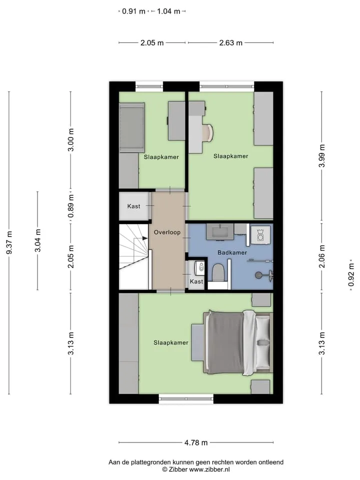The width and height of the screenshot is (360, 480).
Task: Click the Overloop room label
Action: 167,232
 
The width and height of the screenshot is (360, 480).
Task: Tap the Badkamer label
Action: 232,252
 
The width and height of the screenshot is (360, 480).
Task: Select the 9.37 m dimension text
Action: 9,242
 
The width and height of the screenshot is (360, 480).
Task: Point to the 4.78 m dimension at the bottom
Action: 196,442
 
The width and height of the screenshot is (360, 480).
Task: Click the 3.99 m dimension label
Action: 321,156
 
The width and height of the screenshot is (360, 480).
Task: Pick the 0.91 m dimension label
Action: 134,11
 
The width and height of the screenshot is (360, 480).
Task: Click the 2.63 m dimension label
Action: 231,43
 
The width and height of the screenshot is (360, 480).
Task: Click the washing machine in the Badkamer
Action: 260,235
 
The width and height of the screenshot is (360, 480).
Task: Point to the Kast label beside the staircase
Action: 134,206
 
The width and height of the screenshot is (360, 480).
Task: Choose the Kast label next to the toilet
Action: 196,281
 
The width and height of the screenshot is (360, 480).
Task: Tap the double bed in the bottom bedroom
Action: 238,342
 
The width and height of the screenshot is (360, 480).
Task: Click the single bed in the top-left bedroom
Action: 132,127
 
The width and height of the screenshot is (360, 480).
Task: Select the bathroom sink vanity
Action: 220,231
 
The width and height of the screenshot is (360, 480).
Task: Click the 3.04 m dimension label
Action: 37,240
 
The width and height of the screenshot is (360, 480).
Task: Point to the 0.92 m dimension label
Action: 351,275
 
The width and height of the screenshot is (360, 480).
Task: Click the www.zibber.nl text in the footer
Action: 209,469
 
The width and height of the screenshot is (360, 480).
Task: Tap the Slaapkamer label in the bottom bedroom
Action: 171,342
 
